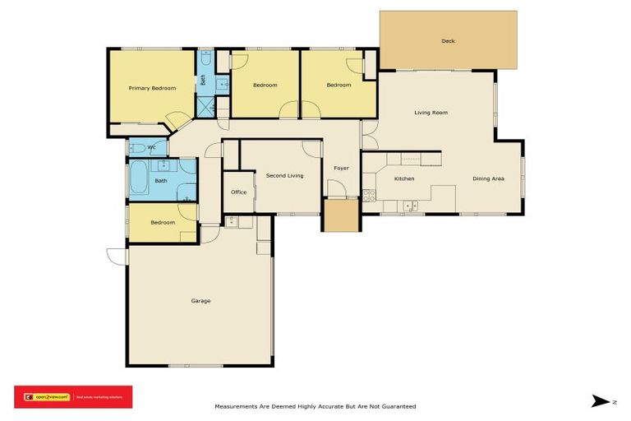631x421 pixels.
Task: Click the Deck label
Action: click(448, 40)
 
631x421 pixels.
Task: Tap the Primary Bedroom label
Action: click(152, 88)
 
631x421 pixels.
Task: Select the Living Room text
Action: click(431, 113)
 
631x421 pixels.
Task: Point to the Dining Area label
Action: click(488, 178)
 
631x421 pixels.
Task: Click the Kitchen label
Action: click(403, 178)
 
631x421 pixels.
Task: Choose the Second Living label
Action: click(284, 175)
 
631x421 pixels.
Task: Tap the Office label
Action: click(238, 192)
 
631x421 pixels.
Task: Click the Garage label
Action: click(200, 301)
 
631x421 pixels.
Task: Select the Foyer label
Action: click(341, 169)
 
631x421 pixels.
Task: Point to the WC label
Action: click(152, 147)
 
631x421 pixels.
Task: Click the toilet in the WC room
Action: click(137, 148)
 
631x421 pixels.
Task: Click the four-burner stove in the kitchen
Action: click(369, 195)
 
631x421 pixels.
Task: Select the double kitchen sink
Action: click(411, 206)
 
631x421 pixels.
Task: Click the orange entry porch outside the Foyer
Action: click(340, 215)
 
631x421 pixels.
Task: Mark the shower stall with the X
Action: click(205, 107)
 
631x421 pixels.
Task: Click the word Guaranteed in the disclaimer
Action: click(397, 406)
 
